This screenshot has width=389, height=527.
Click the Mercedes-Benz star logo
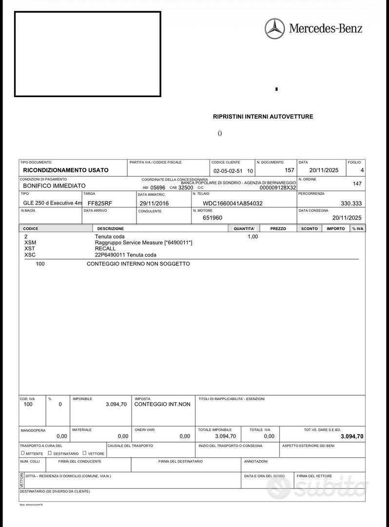click(274, 28)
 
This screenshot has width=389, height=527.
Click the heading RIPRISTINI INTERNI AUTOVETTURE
click(263, 117)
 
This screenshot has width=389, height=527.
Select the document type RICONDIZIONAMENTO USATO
click(66, 170)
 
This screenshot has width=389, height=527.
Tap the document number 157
click(290, 170)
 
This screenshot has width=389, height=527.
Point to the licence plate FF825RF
click(100, 203)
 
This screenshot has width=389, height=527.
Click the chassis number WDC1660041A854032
click(233, 203)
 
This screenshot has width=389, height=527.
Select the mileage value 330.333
click(351, 203)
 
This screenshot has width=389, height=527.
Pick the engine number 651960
click(213, 218)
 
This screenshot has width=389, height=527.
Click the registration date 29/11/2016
click(154, 203)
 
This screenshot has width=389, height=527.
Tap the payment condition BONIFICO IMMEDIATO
click(54, 186)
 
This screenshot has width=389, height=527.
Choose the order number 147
click(357, 184)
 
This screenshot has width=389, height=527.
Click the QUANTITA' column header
click(244, 228)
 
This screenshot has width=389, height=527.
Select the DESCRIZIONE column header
click(111, 228)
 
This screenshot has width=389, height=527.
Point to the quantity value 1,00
click(253, 237)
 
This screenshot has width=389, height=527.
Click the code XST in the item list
click(30, 248)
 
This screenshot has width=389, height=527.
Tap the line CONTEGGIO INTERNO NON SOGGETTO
click(138, 264)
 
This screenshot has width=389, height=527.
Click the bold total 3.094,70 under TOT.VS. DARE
click(352, 436)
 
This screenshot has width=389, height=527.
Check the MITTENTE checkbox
click(22, 453)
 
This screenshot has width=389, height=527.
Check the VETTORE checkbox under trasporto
click(84, 453)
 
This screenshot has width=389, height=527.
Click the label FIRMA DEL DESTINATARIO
click(180, 461)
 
